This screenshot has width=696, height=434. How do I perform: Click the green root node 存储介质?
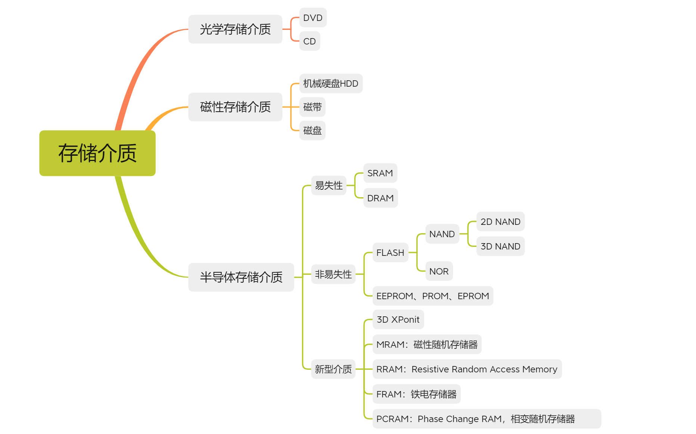(97, 153)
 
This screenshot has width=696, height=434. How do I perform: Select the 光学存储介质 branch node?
(235, 29)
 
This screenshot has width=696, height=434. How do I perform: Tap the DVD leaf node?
(313, 18)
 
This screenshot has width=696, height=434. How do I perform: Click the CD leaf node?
(310, 41)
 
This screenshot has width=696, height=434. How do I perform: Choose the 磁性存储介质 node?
(235, 107)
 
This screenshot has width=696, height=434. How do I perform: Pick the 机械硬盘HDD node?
(330, 83)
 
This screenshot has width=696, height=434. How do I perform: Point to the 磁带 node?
(313, 107)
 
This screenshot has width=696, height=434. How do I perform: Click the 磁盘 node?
(313, 130)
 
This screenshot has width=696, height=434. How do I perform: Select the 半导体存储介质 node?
(241, 277)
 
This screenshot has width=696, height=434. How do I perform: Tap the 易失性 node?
(329, 185)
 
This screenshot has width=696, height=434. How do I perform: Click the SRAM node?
(380, 173)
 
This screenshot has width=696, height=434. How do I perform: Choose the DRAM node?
(380, 198)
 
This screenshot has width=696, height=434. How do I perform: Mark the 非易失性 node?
(333, 274)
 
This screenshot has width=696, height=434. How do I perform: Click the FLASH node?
(390, 252)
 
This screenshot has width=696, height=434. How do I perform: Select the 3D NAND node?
(500, 246)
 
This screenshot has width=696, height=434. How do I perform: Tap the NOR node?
(439, 271)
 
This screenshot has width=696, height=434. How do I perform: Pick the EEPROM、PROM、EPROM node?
(433, 296)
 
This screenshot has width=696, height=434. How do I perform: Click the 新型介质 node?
(333, 369)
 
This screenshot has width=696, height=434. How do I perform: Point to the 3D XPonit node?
(398, 319)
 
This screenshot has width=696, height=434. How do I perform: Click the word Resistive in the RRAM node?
(430, 369)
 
